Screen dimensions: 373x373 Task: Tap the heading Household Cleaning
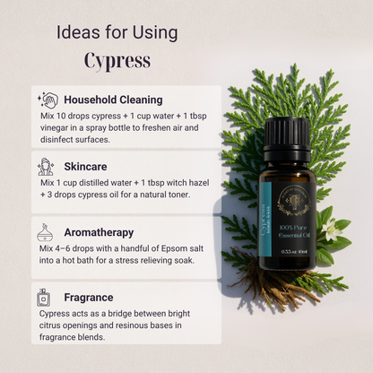point(113,100)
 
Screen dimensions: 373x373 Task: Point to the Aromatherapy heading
point(100,231)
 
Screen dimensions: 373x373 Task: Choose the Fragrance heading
point(89,297)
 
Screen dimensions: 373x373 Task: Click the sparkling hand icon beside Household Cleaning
point(47,100)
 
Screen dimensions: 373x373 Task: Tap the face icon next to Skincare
point(46,167)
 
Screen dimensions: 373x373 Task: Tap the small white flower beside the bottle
point(332,230)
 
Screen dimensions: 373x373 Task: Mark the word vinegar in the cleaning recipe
point(57,126)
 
